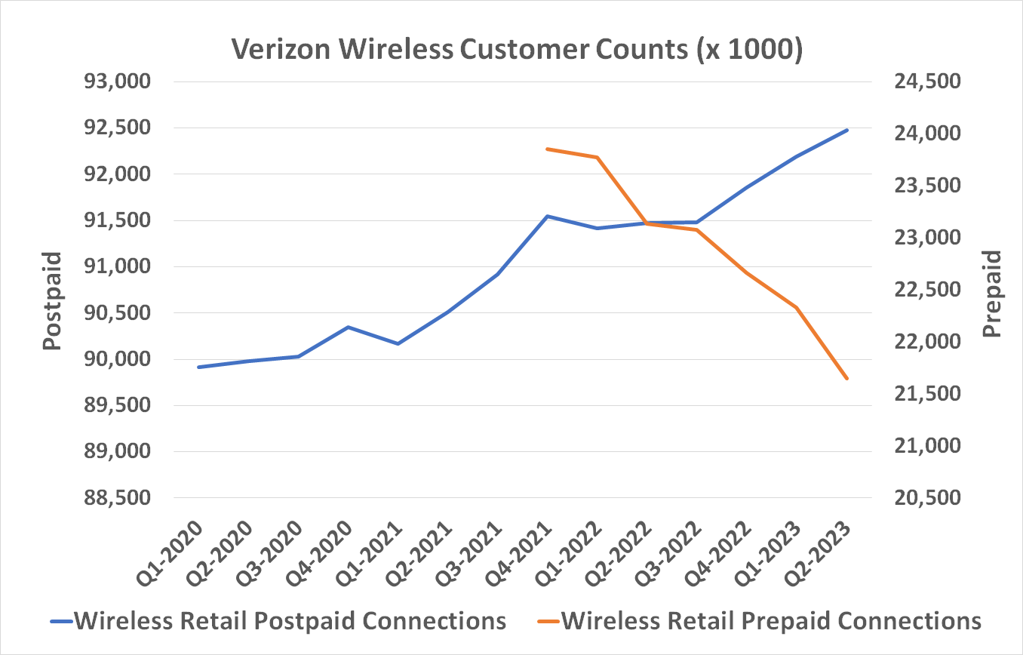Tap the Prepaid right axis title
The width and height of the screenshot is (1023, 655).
coord(993,294)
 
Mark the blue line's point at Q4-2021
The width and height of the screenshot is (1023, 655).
coord(548,217)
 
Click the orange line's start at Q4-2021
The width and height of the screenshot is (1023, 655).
coord(548,149)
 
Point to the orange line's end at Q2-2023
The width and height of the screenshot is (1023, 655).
coord(847,379)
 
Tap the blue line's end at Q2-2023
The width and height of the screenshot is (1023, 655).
coord(847,130)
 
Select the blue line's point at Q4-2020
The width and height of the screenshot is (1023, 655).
coord(348,327)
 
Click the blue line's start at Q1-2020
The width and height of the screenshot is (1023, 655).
coord(198,367)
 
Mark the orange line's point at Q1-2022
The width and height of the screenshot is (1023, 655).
coord(598,157)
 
